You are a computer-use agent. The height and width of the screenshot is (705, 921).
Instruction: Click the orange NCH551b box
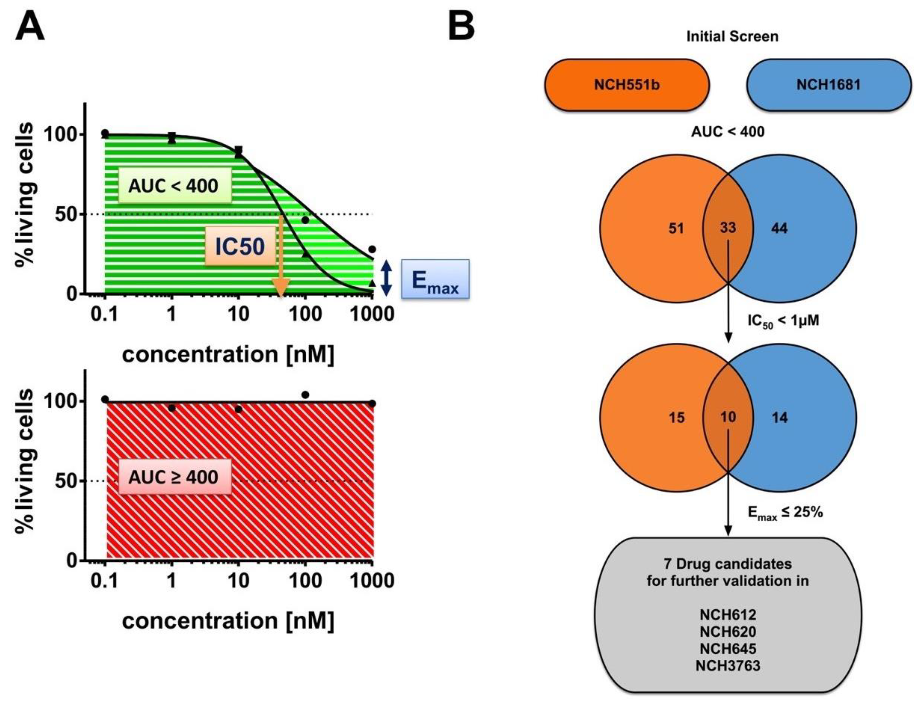626,85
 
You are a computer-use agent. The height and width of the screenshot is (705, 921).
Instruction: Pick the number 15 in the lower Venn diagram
676,417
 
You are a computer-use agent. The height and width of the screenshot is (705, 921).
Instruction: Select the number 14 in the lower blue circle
779,417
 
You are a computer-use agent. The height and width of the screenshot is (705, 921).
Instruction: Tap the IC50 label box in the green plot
240,246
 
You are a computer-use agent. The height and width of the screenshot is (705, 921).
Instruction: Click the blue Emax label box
435,279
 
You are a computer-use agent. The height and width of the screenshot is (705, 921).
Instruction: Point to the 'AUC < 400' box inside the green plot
174,185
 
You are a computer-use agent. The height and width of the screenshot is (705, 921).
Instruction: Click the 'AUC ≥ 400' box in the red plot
174,477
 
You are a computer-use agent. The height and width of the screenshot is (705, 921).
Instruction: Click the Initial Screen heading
732,37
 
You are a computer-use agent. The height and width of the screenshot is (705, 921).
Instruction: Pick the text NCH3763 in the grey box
728,666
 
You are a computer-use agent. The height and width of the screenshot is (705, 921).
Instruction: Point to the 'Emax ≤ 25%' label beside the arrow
785,513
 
